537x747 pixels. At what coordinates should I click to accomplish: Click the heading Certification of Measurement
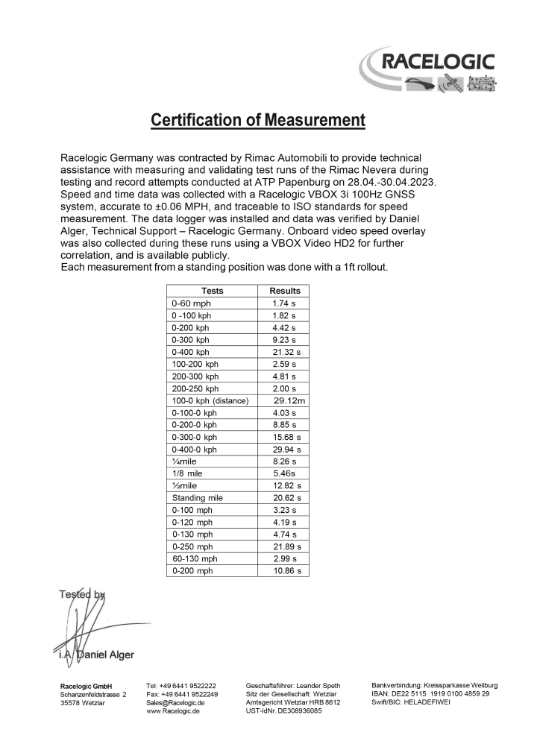click(x=257, y=119)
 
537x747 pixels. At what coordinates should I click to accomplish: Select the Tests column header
click(x=212, y=291)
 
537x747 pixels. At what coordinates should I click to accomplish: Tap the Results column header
click(x=285, y=291)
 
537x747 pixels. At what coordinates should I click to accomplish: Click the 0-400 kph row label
click(x=191, y=352)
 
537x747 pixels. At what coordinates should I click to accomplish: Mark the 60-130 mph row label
click(x=195, y=558)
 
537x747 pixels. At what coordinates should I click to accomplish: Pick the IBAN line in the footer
click(x=430, y=693)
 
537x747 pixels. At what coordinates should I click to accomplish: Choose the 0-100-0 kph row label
click(x=194, y=412)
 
